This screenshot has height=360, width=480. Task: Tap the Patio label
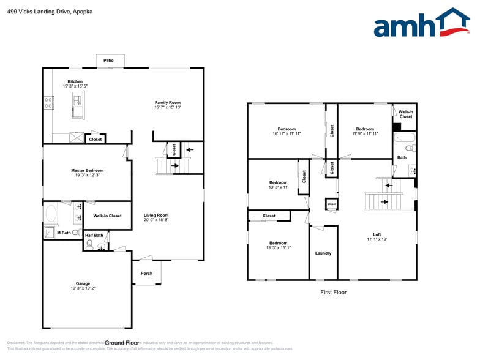click(x=108, y=61)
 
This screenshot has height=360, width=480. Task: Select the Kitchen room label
click(x=75, y=81)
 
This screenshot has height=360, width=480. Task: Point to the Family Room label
click(x=167, y=103)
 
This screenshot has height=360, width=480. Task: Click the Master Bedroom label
click(x=87, y=170)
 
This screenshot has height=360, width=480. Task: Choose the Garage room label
click(x=83, y=283)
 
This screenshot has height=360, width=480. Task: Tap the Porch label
click(x=146, y=273)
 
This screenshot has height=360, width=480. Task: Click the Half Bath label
click(x=94, y=236)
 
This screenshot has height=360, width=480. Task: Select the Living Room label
click(x=156, y=215)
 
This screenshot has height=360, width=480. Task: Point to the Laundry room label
click(x=323, y=253)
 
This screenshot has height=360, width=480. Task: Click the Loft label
click(x=377, y=234)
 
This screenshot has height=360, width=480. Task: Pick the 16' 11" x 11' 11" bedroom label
click(x=287, y=129)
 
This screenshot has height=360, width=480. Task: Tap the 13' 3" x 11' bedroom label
click(x=278, y=182)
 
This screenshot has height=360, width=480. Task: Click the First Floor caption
click(x=333, y=292)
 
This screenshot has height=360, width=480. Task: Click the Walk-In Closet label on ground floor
click(x=107, y=216)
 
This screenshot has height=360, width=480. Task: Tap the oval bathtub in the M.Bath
click(x=51, y=215)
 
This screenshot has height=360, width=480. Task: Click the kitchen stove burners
click(x=47, y=103)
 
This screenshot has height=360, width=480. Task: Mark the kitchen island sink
click(x=78, y=100)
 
